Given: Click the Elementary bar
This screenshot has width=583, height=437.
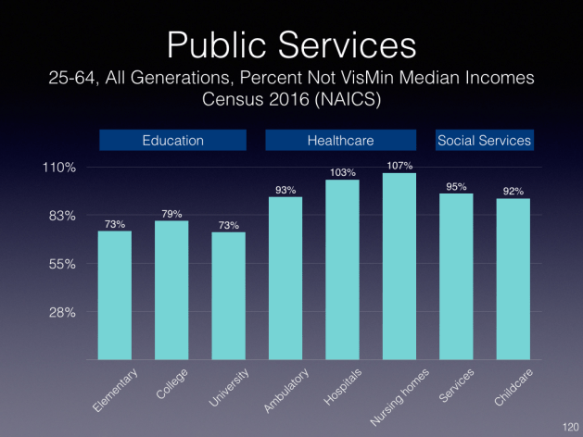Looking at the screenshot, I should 115,294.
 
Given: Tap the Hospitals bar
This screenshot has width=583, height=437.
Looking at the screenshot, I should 342,268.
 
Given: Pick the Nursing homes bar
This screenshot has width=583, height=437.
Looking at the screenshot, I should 399,266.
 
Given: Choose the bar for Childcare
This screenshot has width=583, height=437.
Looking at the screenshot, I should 513,279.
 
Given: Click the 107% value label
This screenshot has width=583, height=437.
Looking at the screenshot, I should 399,166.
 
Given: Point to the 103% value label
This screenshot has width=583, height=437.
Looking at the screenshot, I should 342,172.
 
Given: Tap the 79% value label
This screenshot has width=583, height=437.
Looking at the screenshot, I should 171,214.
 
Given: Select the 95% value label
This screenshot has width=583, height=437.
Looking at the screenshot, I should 456,186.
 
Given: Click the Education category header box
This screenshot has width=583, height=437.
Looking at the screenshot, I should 172,141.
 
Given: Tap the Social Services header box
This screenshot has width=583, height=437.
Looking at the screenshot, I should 484,141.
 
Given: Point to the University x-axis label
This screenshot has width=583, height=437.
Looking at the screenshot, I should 232,389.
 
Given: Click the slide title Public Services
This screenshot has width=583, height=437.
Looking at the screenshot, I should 291,44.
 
